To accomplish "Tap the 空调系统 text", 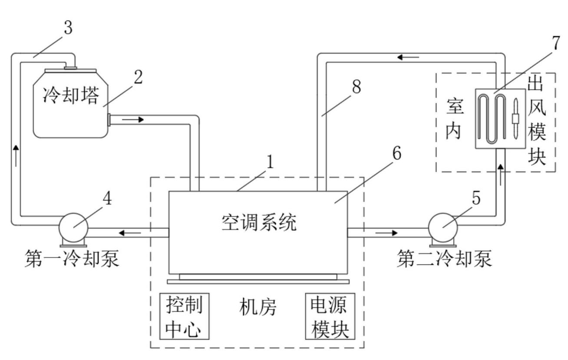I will (258, 223).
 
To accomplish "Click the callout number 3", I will (68, 29).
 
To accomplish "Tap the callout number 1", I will (270, 162).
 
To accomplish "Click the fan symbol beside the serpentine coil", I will (515, 119).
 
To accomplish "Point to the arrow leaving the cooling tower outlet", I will (137, 119).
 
